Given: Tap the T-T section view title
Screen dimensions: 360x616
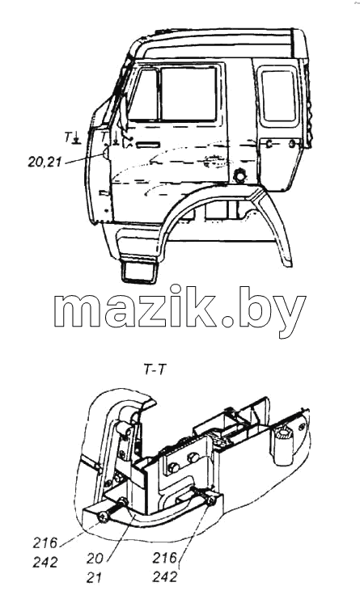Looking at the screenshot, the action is (154, 370).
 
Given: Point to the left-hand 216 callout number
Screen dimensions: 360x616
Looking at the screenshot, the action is (44, 544).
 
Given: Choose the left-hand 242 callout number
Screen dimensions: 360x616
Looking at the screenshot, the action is (44, 563).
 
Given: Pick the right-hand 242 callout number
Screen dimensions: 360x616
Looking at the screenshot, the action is (166, 577).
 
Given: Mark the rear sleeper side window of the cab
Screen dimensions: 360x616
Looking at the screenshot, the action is (278, 96).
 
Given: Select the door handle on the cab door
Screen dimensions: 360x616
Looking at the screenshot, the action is (148, 146).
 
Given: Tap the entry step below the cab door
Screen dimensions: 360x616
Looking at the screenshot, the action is (139, 272).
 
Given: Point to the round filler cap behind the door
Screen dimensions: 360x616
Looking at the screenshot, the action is (239, 175).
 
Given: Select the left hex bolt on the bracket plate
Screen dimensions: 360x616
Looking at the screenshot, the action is (173, 467).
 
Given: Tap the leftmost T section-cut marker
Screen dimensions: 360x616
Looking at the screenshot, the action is (73, 138).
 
